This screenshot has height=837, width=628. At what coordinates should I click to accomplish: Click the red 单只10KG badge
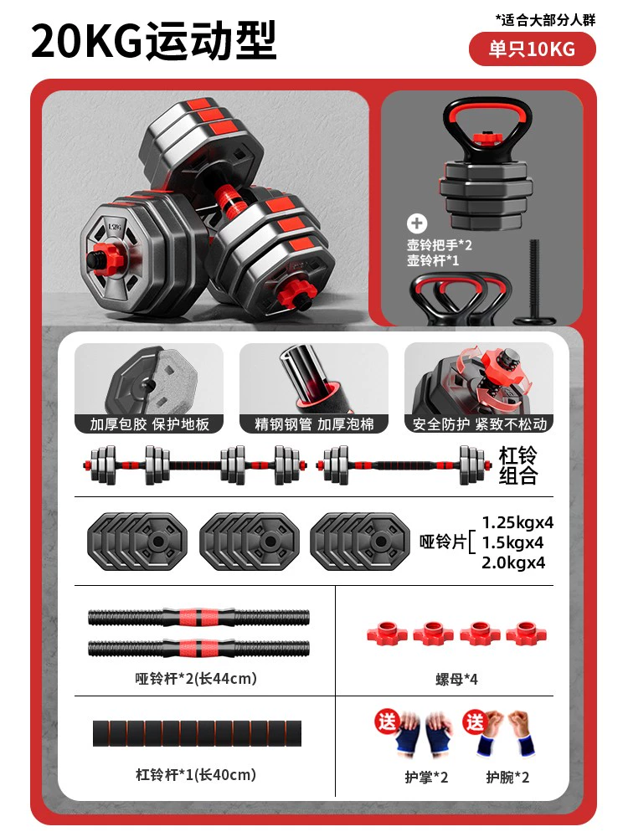point(532,49)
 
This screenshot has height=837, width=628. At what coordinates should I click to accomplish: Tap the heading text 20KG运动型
point(154,40)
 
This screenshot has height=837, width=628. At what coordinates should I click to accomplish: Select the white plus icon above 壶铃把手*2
point(417,223)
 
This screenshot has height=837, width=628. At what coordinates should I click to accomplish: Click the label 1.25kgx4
point(517,522)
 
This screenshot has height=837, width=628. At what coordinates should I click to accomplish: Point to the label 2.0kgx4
point(513,562)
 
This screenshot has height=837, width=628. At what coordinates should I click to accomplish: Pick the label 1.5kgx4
point(512,542)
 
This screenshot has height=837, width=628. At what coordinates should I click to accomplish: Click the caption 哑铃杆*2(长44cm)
point(196,679)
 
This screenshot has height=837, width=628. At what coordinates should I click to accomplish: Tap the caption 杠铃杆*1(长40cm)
point(196,774)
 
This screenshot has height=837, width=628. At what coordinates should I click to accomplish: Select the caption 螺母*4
point(456,679)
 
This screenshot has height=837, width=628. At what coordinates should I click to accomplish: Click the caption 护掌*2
point(426,778)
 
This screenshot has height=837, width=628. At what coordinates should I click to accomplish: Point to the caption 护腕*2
point(507,778)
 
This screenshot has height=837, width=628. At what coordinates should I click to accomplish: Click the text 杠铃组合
point(518,465)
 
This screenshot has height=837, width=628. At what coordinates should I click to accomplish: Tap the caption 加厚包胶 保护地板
point(150,424)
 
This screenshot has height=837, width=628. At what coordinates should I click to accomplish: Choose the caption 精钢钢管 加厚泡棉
point(314,424)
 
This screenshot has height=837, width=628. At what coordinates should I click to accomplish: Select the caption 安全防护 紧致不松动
point(480,424)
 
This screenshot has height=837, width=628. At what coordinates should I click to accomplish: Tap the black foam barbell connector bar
point(197,733)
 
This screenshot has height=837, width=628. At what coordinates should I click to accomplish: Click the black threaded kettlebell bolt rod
point(534,281)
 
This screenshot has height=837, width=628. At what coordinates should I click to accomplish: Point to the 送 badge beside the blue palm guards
point(387,722)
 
